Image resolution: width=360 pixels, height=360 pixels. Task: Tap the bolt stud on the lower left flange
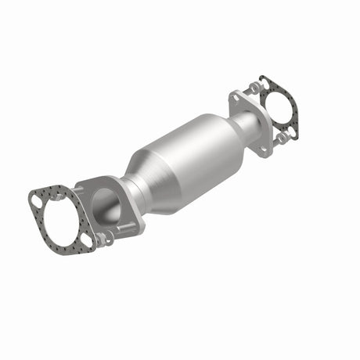(125, 229)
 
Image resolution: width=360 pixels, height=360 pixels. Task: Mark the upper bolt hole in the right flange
(236, 98)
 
